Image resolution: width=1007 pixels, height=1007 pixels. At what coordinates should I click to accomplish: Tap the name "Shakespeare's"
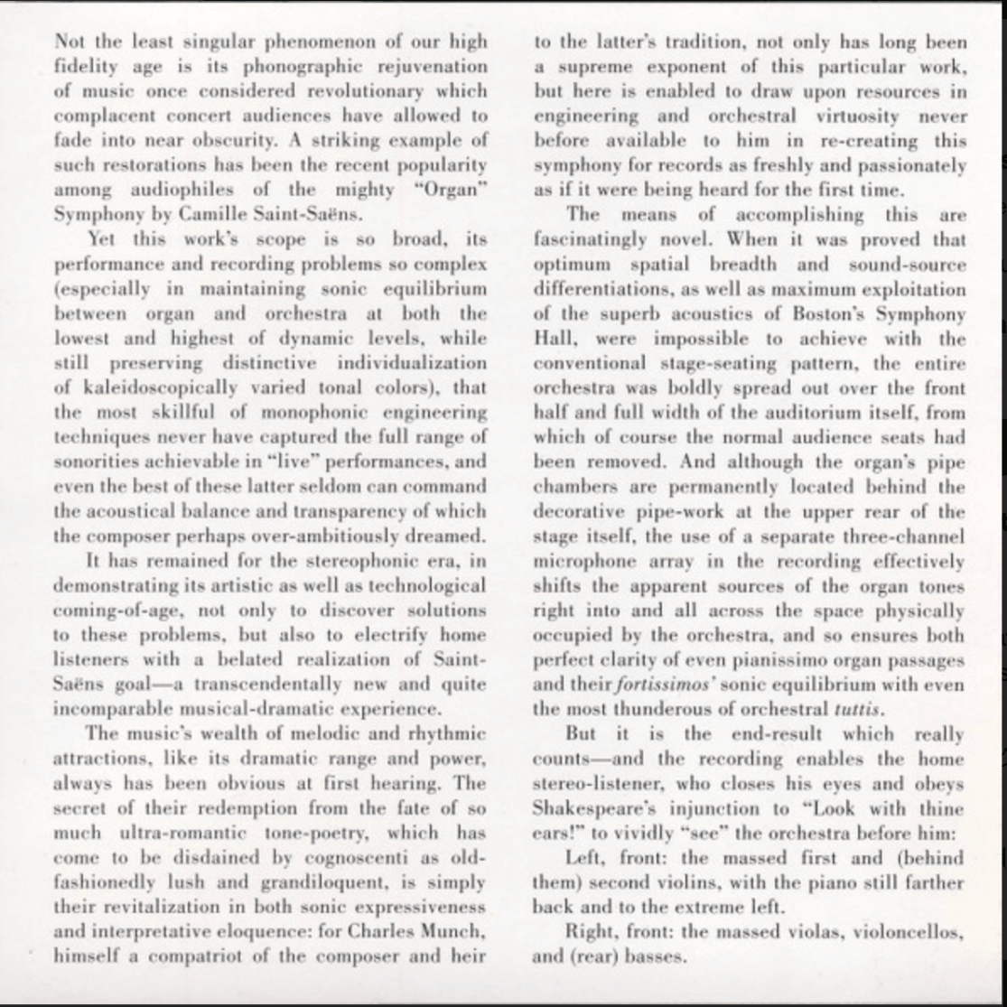(592, 808)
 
